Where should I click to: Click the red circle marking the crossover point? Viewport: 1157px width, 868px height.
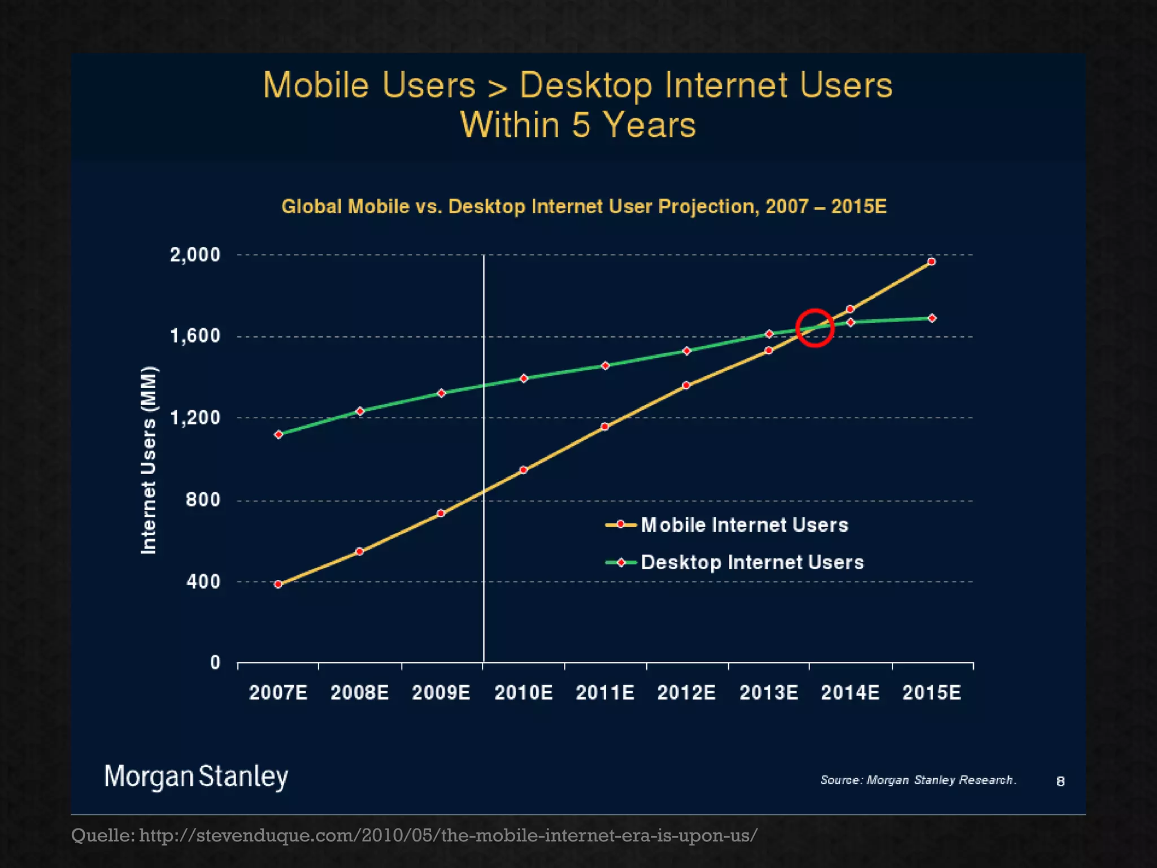(815, 328)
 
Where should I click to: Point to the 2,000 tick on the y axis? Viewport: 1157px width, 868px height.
(195, 255)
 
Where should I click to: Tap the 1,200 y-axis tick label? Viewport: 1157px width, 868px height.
(195, 418)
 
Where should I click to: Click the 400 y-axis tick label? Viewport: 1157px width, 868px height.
(203, 581)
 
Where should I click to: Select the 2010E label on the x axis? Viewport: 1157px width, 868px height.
(523, 692)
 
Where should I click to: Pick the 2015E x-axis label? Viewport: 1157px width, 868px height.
(932, 692)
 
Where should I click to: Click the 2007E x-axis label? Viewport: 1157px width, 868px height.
(279, 692)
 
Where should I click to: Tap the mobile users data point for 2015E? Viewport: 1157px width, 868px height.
(932, 262)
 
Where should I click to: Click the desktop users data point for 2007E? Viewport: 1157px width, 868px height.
(279, 435)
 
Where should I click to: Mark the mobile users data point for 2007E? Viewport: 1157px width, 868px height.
(278, 584)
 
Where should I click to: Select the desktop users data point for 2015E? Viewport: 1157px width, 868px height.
(932, 318)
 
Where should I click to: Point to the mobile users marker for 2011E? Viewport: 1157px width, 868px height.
(604, 427)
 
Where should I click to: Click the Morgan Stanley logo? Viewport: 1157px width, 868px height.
(196, 776)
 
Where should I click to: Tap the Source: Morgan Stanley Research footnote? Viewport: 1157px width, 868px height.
(918, 780)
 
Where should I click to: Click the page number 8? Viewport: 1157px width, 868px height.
(1060, 781)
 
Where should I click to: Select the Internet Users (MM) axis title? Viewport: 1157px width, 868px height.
(148, 460)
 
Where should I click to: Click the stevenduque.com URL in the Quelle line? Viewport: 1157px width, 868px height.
(448, 835)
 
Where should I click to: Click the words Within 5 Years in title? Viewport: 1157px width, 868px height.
(577, 125)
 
